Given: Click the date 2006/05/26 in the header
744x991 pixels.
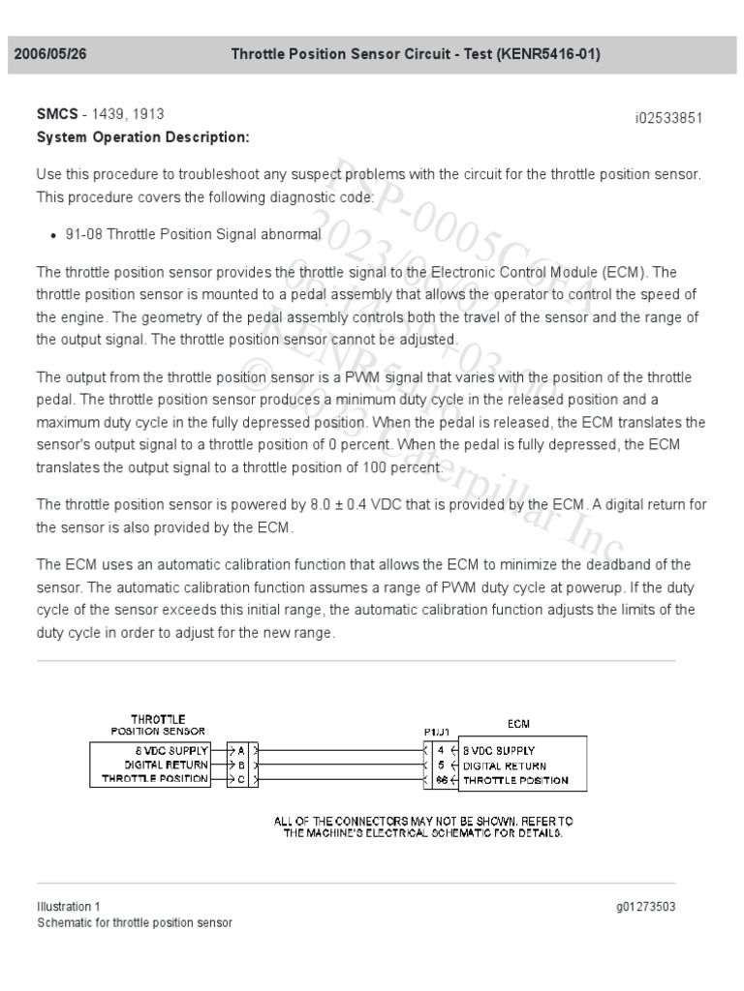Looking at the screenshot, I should click(x=50, y=54).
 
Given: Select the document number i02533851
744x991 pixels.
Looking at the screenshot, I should click(x=668, y=118).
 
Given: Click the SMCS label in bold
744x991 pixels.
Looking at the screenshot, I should click(x=57, y=115).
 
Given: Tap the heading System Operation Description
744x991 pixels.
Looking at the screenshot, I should click(x=142, y=137).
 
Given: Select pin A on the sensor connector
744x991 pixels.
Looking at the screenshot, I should click(x=239, y=749).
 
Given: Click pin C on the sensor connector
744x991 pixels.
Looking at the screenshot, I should click(x=239, y=779).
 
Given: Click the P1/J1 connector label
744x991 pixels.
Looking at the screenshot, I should click(x=436, y=734).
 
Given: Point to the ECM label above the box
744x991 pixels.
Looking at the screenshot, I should click(x=518, y=723).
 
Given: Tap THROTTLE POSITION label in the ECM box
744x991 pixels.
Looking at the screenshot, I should click(x=515, y=779).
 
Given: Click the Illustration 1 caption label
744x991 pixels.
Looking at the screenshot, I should click(x=68, y=907).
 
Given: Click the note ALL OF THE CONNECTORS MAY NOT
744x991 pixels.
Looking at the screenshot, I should click(x=423, y=820).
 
